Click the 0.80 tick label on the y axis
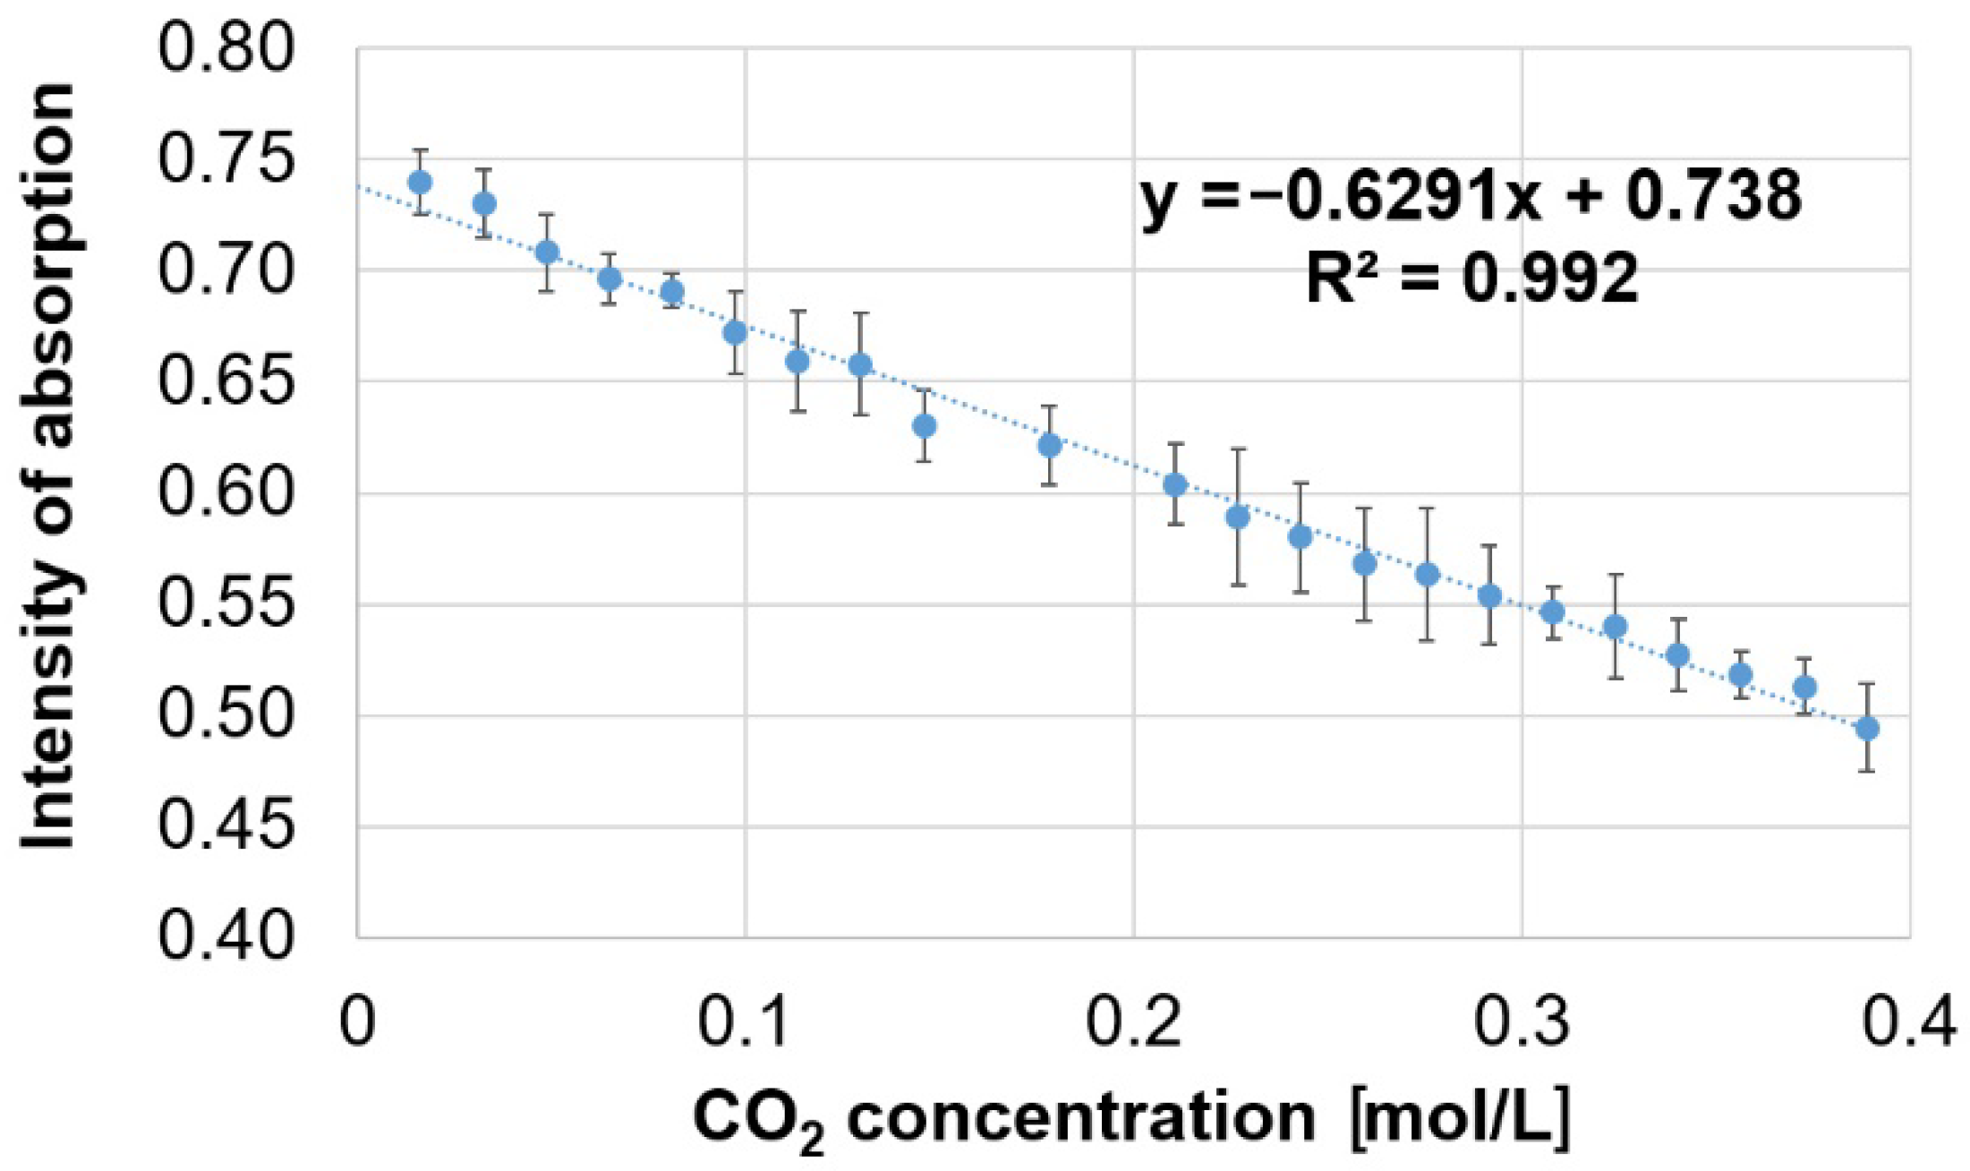pyautogui.click(x=226, y=48)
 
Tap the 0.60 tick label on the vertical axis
pyautogui.click(x=226, y=493)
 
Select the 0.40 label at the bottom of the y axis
pyautogui.click(x=226, y=937)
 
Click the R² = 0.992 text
pyautogui.click(x=1471, y=278)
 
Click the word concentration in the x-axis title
pyautogui.click(x=1081, y=1117)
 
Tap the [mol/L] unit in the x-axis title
pyautogui.click(x=1461, y=1117)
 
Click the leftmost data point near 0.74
pyautogui.click(x=420, y=183)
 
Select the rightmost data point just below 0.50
pyautogui.click(x=1867, y=729)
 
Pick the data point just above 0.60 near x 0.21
pyautogui.click(x=1175, y=484)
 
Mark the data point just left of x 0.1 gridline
pyautogui.click(x=735, y=333)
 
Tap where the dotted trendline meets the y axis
pyautogui.click(x=358, y=186)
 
